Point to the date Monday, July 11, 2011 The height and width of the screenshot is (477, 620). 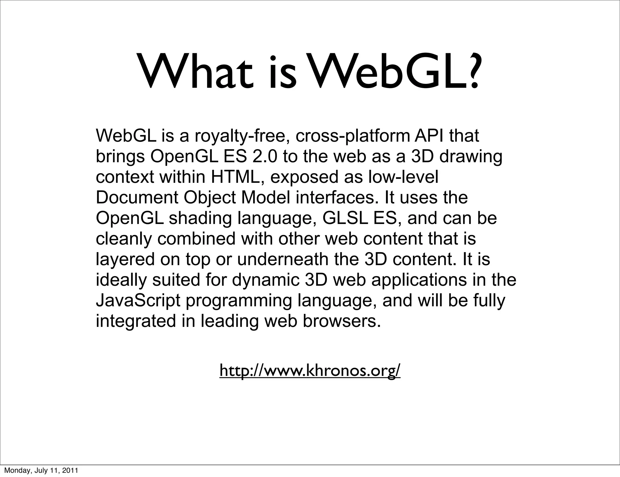pyautogui.click(x=41, y=470)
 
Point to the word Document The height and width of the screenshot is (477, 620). pyautogui.click(x=137, y=198)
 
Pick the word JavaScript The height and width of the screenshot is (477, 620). pyautogui.click(x=138, y=301)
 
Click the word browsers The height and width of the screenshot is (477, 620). pyautogui.click(x=341, y=321)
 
